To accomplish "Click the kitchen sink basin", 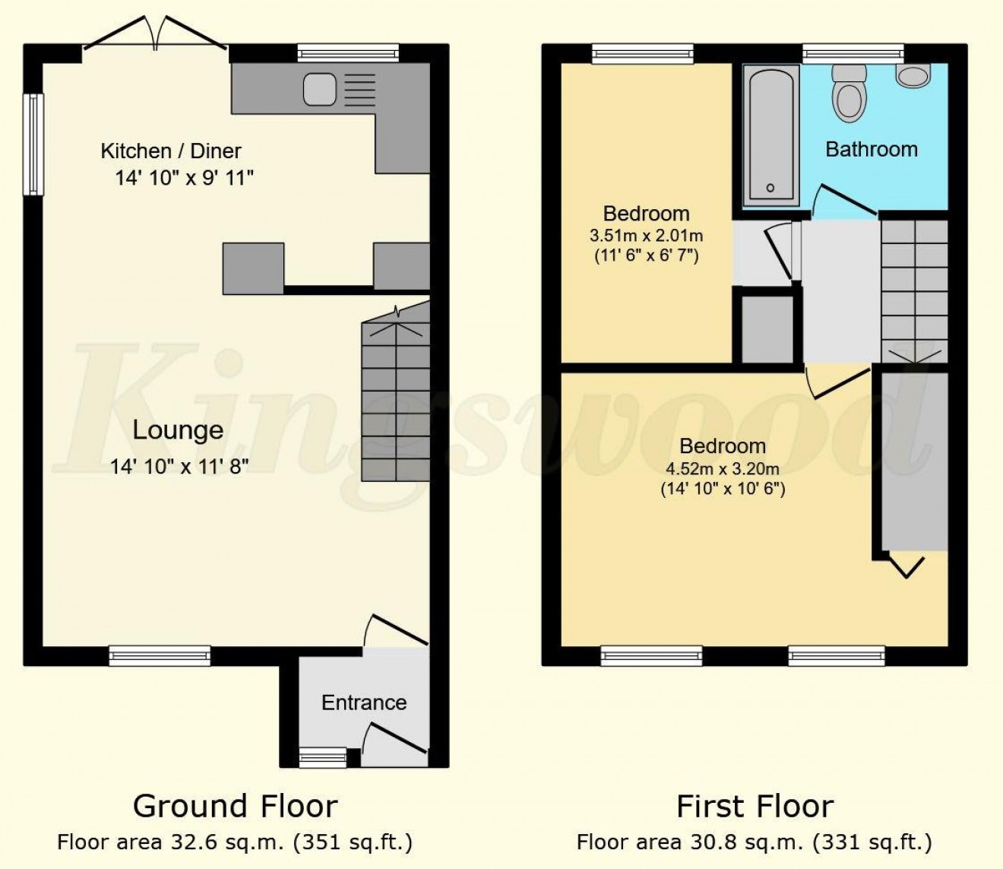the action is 320,89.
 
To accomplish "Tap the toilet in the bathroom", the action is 848,94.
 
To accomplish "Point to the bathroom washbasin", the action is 913,76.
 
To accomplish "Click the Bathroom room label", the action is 872,150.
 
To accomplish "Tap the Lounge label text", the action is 178,430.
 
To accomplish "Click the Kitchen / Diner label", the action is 171,151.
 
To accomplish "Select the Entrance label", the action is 364,702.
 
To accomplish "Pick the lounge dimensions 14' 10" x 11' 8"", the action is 179,467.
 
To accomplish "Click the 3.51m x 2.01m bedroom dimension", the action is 647,236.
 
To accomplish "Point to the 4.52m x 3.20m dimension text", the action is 723,468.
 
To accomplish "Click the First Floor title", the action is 755,806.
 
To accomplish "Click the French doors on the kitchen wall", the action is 155,34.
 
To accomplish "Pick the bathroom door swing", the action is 845,200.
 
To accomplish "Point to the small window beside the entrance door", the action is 323,758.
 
